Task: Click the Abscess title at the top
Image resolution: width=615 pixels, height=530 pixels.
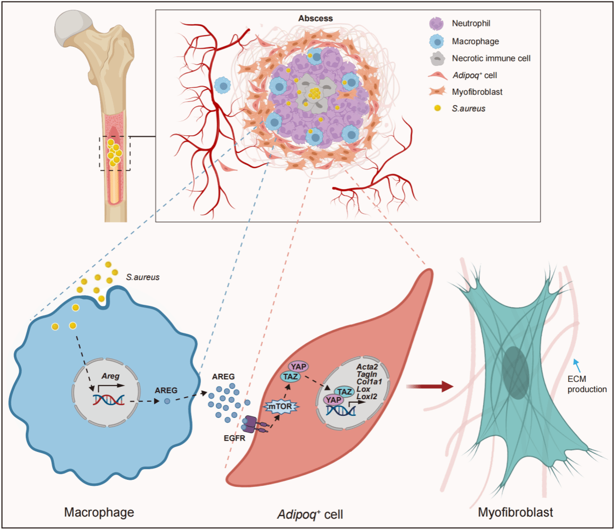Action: [x=315, y=18]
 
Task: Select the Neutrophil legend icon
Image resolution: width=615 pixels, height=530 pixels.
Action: [x=436, y=23]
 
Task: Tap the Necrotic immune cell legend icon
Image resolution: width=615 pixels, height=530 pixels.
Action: [x=437, y=58]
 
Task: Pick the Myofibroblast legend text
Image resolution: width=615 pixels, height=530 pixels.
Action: [x=477, y=92]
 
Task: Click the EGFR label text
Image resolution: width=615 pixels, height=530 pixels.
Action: [x=234, y=438]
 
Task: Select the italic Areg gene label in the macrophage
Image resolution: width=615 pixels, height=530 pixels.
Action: [x=110, y=376]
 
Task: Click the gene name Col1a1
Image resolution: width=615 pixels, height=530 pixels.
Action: [x=369, y=381]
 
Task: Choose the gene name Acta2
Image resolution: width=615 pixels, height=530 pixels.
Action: [x=367, y=367]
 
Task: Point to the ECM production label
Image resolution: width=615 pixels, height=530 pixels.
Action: [x=587, y=384]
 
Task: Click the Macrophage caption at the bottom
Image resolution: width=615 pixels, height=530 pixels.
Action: [x=99, y=512]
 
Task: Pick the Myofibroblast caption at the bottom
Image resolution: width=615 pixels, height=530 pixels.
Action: [x=515, y=512]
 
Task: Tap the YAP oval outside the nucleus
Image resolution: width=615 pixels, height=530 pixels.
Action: [x=298, y=366]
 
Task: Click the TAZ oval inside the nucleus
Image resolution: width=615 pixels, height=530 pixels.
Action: [x=345, y=392]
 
